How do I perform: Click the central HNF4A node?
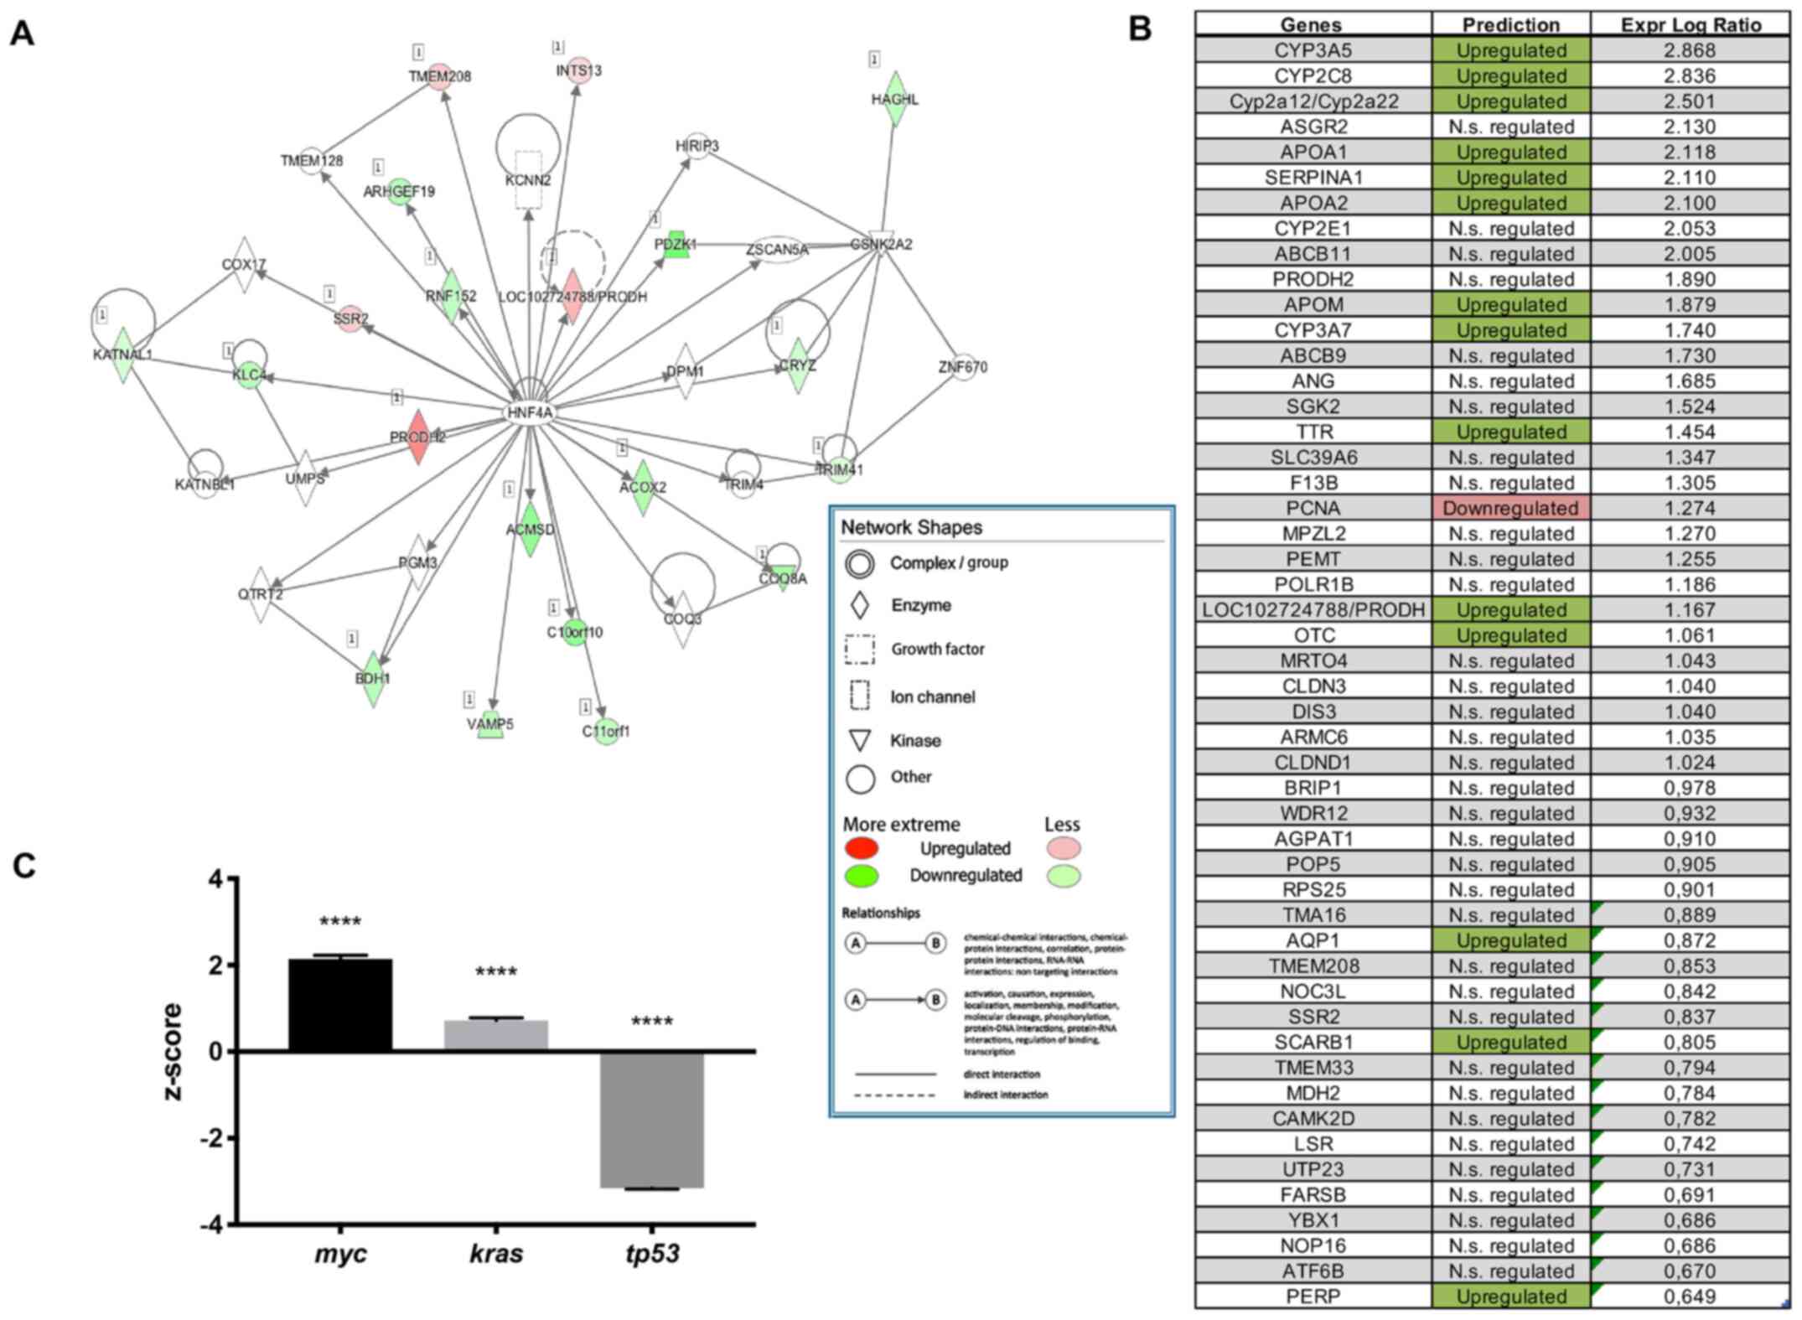click(x=530, y=412)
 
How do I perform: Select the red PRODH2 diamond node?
click(x=418, y=437)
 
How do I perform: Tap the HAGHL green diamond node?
click(x=895, y=99)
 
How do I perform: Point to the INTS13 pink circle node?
click(x=578, y=70)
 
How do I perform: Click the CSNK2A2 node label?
click(x=881, y=244)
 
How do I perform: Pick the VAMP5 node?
click(x=490, y=724)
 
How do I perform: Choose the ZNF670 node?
click(x=963, y=366)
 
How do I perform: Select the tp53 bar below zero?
click(x=652, y=1120)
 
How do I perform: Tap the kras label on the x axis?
click(x=496, y=1254)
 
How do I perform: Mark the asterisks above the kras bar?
click(x=496, y=973)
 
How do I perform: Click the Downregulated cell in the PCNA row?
click(x=1510, y=508)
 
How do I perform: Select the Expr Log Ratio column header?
click(x=1691, y=25)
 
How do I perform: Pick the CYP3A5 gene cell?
click(x=1313, y=50)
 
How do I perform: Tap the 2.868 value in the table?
click(x=1691, y=50)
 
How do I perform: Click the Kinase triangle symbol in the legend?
click(x=860, y=741)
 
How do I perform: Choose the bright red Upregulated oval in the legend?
click(x=862, y=848)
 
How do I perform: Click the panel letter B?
click(x=1140, y=28)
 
